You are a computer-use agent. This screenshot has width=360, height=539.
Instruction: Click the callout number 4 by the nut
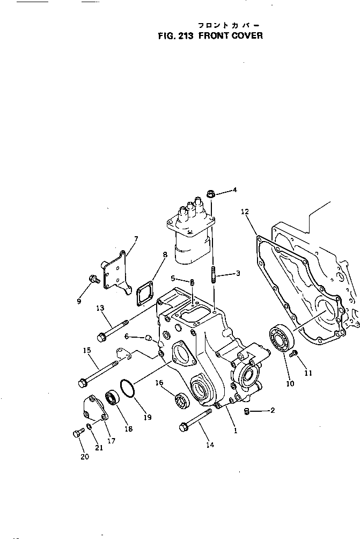[x=234, y=190]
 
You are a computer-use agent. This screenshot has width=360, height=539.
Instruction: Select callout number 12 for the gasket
[x=245, y=213]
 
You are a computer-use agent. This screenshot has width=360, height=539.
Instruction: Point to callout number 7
[x=136, y=238]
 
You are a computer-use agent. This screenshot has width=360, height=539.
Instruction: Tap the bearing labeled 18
[x=112, y=398]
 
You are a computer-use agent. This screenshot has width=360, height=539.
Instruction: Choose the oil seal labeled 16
[x=181, y=401]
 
